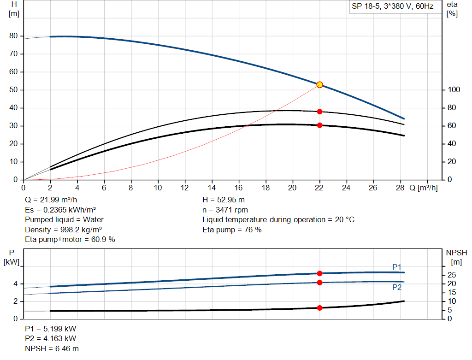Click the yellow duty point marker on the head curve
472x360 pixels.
pos(319,85)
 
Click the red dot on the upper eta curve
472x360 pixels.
pos(319,112)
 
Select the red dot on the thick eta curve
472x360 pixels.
pos(319,125)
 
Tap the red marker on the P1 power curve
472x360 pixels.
pos(319,273)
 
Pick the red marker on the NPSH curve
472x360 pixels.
pos(319,307)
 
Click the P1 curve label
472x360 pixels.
pos(397,267)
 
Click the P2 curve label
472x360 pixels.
pos(397,287)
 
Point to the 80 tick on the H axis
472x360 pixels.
pos(13,36)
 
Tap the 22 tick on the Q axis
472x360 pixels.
pos(319,188)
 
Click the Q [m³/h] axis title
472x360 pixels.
pos(423,188)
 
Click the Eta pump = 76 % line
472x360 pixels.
pos(232,230)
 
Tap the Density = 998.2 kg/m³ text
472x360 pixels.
pos(64,230)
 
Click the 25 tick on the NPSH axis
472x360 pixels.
pos(452,275)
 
